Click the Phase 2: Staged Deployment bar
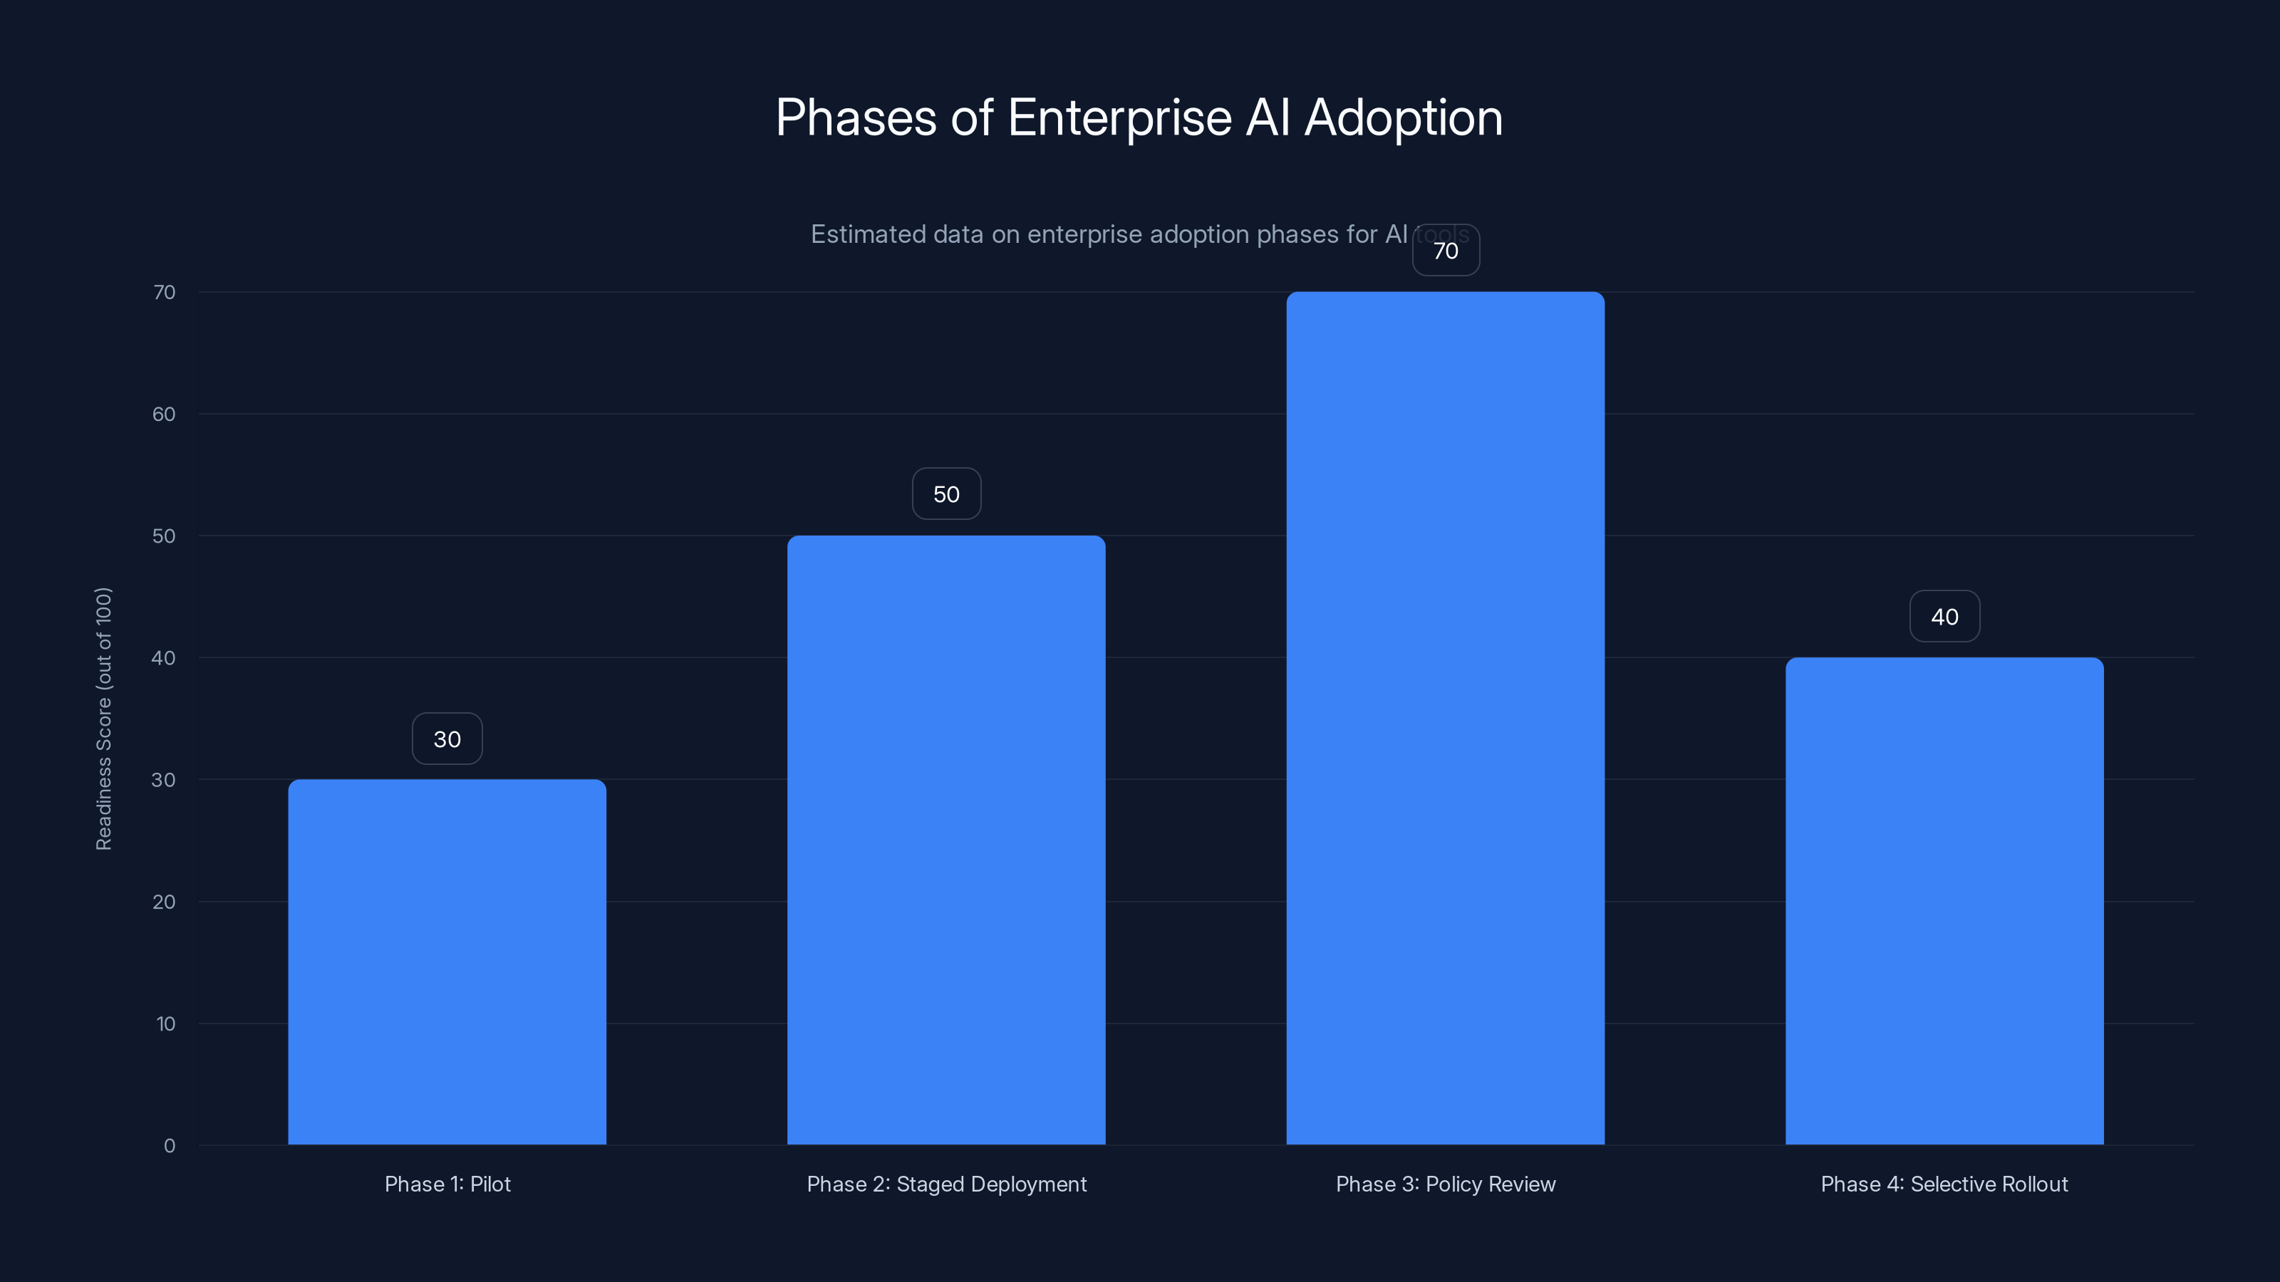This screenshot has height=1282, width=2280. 946,840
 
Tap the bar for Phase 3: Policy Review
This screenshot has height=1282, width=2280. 1446,717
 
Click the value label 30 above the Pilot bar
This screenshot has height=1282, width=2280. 447,739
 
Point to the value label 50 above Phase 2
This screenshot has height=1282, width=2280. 946,494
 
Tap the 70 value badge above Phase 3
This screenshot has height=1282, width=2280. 1446,251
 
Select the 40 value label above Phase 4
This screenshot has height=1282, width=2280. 1944,617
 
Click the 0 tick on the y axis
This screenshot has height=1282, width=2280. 169,1146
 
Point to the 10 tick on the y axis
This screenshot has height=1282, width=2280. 165,1023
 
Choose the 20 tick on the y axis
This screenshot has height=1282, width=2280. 164,902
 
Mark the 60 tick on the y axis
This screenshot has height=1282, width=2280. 164,414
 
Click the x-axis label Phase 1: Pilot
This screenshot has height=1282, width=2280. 447,1184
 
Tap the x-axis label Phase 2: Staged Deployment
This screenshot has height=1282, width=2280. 946,1184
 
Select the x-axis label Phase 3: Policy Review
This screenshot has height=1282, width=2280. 1446,1184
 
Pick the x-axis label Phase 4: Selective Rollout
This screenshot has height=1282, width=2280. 1944,1184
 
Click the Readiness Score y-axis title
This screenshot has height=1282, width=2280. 103,719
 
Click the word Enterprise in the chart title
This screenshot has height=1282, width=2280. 1119,118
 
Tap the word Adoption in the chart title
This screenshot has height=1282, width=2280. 1403,118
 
